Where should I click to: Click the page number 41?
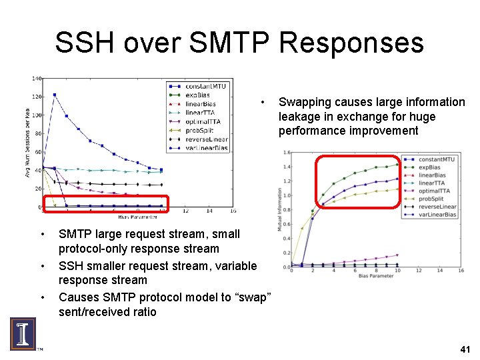(465, 349)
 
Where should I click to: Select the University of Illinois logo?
(22, 334)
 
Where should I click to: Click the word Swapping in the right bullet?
(307, 102)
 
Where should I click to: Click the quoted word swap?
(253, 296)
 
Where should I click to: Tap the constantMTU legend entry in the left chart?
(206, 87)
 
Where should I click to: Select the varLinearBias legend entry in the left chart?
(206, 147)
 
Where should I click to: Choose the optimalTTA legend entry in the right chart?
(435, 191)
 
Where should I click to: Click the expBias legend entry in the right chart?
(430, 167)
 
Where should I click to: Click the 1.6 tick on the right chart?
(286, 152)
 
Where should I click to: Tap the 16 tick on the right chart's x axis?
(461, 271)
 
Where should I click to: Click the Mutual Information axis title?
(279, 209)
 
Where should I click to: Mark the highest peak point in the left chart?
(55, 95)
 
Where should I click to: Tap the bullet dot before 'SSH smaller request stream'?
(43, 266)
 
